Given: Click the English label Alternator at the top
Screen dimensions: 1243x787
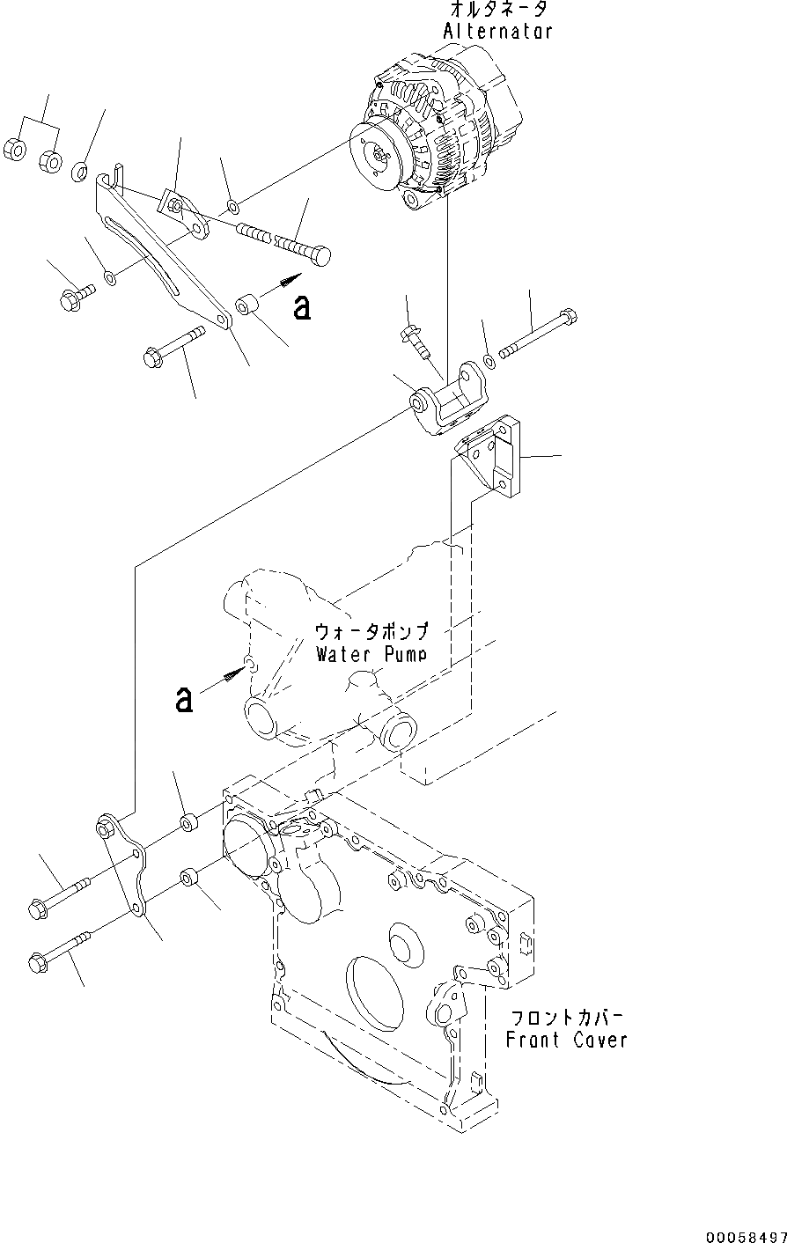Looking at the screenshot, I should [497, 32].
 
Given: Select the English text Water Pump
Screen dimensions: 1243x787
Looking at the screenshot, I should [371, 654].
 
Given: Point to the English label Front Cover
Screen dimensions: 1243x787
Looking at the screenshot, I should [566, 1040].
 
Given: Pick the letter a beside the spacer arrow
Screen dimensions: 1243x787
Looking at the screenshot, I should [302, 308].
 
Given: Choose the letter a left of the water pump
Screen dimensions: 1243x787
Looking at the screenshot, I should [184, 700].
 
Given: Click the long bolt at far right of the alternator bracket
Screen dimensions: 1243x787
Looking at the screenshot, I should [537, 335].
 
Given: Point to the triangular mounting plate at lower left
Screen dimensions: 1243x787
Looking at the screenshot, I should [123, 867].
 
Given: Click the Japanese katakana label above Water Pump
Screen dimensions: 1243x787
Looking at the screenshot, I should [371, 632].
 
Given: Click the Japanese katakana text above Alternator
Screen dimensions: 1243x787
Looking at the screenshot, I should [498, 11].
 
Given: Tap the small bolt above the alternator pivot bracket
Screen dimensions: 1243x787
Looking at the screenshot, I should [416, 340].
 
